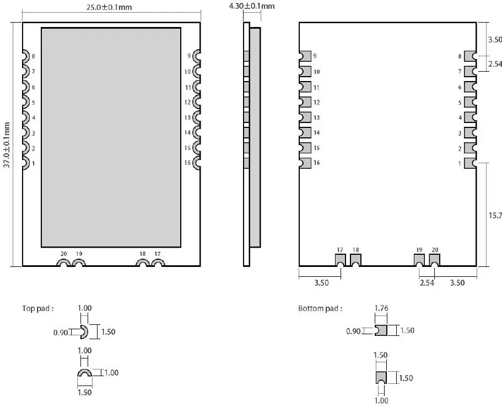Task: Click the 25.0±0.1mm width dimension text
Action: [109, 8]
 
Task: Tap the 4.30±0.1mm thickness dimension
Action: [251, 6]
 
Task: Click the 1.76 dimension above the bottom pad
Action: [381, 308]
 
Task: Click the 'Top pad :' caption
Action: [38, 309]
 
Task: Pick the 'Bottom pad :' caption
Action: [320, 309]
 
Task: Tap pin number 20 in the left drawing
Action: [64, 254]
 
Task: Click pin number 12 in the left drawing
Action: [187, 102]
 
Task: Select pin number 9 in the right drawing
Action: [316, 56]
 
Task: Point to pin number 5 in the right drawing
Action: [460, 102]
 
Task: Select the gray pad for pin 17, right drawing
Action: [340, 259]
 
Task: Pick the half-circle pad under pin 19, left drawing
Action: [79, 265]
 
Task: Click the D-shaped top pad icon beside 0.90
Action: [84, 332]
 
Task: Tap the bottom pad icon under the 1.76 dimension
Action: [381, 330]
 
